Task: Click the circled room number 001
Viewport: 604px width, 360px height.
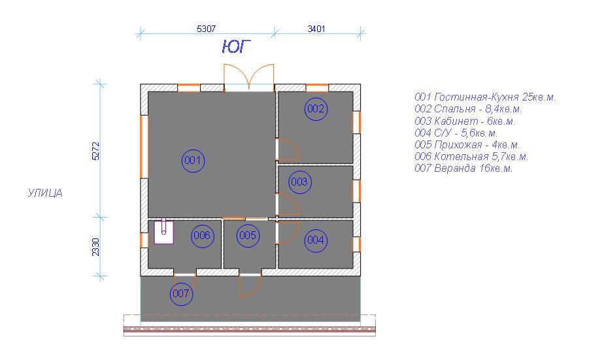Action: coord(193,161)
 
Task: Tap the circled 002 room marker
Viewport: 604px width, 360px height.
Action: coord(316,109)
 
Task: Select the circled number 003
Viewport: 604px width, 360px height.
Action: coord(299,182)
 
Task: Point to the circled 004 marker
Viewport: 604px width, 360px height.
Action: coord(316,240)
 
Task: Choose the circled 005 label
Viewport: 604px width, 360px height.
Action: coord(248,235)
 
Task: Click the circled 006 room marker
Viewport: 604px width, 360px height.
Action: coord(202,236)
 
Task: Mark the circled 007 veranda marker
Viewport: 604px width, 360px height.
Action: coord(181,294)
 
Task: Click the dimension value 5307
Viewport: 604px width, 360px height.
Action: coord(206,29)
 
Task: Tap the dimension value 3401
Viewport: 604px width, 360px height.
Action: coord(316,29)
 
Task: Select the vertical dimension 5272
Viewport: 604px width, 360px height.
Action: coord(95,151)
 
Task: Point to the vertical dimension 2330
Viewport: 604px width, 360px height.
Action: coord(95,247)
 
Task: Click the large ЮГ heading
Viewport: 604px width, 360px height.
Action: coord(237,46)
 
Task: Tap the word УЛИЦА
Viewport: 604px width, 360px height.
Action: coord(45,193)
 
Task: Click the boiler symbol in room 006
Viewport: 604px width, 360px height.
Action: coord(163,231)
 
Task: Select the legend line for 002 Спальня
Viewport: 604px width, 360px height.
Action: coord(468,109)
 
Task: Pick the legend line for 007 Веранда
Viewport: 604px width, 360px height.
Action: coord(463,169)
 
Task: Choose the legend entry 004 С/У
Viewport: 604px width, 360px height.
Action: coord(456,133)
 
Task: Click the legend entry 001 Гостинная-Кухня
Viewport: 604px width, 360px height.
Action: coord(485,97)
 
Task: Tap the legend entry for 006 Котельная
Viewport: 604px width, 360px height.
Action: coord(471,157)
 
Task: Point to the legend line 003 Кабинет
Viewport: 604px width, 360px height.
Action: coord(465,122)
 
